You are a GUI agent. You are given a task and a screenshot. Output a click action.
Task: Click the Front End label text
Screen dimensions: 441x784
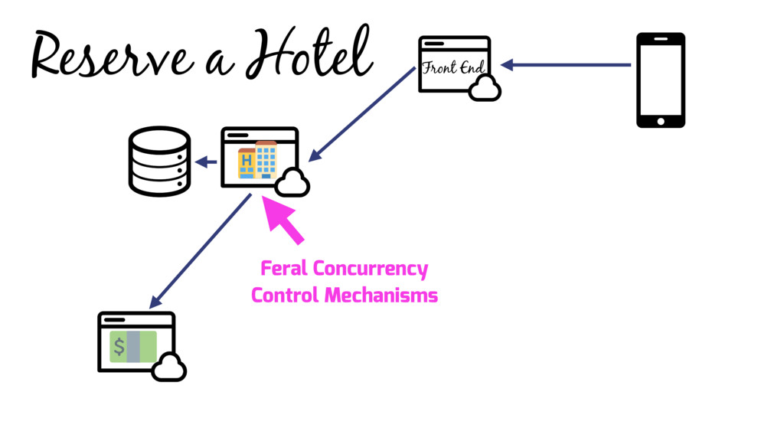454,67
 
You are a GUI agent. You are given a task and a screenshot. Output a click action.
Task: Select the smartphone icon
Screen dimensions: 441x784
661,80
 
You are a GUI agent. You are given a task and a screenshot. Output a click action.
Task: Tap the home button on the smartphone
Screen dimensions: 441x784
661,120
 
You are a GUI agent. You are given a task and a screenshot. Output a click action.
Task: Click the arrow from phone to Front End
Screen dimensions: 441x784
567,65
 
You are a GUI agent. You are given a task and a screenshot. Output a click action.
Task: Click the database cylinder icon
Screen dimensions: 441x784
159,162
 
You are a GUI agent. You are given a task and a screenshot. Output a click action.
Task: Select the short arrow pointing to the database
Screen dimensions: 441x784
207,162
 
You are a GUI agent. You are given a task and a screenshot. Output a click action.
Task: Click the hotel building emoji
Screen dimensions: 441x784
258,159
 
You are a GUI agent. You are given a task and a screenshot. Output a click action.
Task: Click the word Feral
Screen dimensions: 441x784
283,269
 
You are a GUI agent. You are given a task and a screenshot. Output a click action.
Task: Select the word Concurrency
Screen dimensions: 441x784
370,269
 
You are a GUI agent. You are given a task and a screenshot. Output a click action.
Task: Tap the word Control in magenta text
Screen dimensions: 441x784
284,295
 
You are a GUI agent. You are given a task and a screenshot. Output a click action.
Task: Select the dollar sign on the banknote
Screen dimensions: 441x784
119,347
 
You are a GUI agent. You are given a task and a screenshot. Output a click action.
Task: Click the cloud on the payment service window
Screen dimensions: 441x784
168,367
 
